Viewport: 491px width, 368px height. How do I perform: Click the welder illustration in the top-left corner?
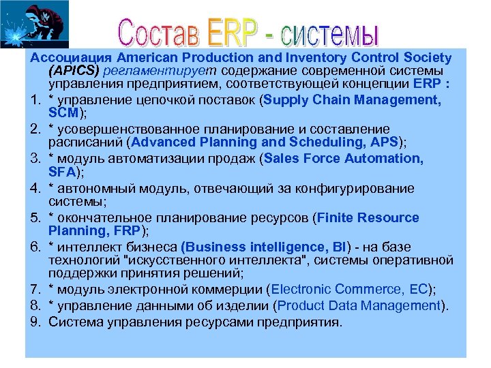coord(27,24)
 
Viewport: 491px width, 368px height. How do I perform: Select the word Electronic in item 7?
coord(300,290)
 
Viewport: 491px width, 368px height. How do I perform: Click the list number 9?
coord(35,320)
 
